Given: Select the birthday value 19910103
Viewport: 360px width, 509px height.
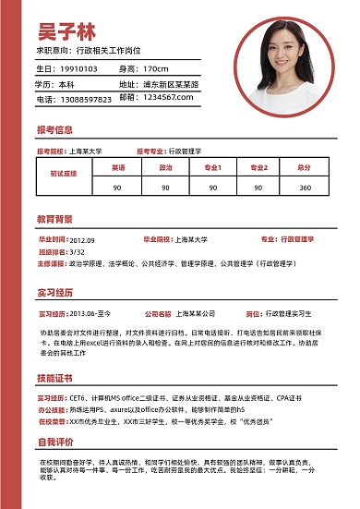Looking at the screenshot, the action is [78, 68].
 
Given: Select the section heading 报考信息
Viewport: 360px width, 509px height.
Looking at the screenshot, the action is [54, 129].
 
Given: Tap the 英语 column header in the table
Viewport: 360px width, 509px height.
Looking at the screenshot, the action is [118, 168].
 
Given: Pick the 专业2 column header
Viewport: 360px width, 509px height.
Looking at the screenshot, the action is [258, 168].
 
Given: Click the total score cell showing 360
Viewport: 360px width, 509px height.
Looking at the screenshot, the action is [305, 188].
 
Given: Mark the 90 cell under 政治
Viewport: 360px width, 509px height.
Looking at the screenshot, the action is [165, 188].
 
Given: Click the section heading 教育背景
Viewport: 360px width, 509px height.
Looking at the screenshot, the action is [54, 220].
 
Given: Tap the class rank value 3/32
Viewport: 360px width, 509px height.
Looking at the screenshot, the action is [77, 250].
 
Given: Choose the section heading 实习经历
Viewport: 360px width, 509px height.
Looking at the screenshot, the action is [54, 293].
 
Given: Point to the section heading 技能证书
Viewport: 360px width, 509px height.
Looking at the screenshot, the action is [54, 379].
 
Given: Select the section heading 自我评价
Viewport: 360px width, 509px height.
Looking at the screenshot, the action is [54, 441].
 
